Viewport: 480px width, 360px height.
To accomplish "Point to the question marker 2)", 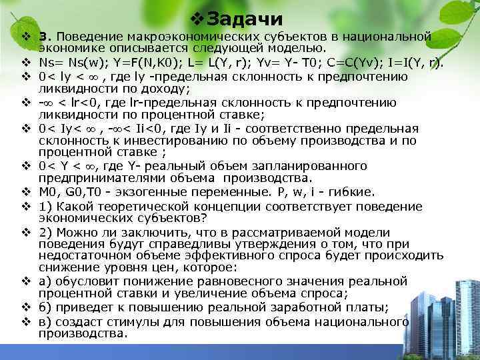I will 45,232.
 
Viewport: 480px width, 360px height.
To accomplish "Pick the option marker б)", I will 45,308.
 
